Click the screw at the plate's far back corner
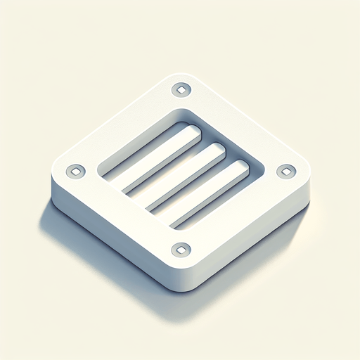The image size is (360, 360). click(x=181, y=89)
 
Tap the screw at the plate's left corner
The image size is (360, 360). click(x=75, y=171)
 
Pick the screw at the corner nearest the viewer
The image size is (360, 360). click(x=181, y=248)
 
